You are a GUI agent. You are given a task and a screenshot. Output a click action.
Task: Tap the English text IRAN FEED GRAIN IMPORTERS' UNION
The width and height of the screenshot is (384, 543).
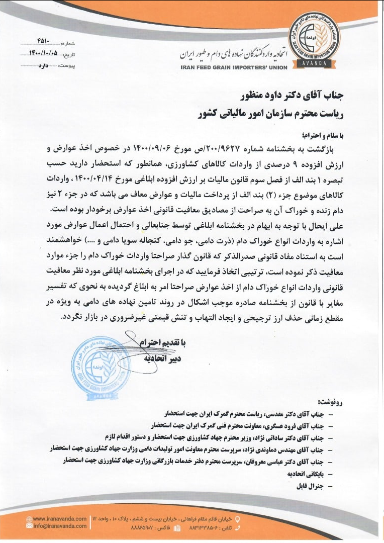point(234,67)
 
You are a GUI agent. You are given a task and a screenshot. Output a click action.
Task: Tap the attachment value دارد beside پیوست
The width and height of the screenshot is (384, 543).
point(48,65)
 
